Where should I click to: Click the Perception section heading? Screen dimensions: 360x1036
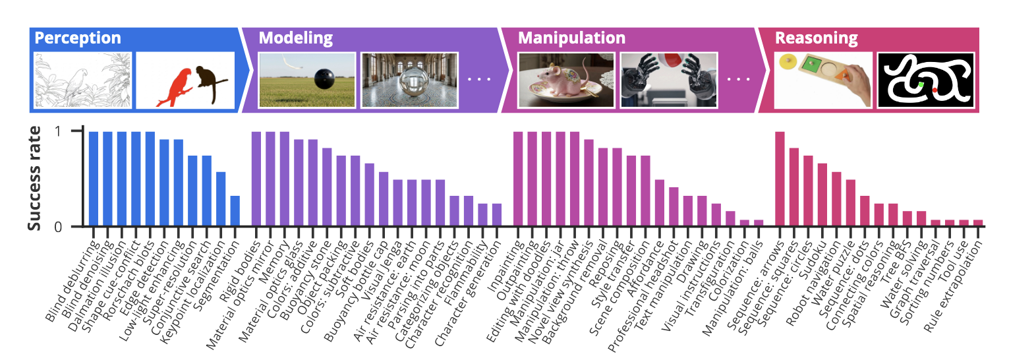(x=78, y=38)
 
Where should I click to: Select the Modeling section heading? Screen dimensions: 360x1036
(x=296, y=38)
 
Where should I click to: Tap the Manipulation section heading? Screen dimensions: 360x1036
(x=571, y=38)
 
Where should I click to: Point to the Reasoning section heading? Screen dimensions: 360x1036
(x=816, y=38)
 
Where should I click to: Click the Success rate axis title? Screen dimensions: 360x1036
(x=34, y=178)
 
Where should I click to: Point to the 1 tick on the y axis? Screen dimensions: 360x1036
(x=58, y=131)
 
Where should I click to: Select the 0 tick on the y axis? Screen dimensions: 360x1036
(x=58, y=227)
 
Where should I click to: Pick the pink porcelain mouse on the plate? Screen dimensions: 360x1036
(x=565, y=80)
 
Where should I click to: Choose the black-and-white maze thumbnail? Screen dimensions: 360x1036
(x=925, y=80)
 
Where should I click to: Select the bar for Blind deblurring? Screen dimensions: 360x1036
(x=94, y=179)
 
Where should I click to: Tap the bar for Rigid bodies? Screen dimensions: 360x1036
(x=256, y=179)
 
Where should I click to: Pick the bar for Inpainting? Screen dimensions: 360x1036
(x=518, y=179)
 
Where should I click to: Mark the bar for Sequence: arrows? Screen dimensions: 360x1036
(x=780, y=179)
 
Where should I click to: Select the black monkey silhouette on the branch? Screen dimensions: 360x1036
(x=212, y=82)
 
